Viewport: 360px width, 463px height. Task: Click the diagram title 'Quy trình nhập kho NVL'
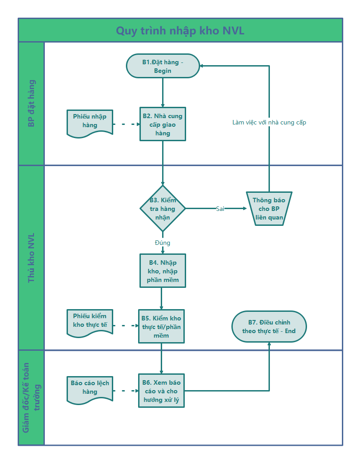coord(180,31)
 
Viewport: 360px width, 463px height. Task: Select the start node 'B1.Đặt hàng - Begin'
coord(163,66)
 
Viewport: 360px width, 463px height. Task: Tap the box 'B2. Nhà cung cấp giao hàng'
coord(163,124)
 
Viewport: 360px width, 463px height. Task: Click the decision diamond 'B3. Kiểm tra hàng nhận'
coord(163,209)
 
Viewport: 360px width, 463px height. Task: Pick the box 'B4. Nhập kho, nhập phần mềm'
coord(163,271)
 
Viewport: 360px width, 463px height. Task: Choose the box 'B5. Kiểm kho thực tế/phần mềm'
coord(161,326)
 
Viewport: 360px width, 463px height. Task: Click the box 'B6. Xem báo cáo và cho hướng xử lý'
coord(161,391)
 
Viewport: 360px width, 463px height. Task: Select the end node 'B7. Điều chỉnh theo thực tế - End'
coord(269,327)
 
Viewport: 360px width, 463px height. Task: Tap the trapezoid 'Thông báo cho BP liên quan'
coord(269,209)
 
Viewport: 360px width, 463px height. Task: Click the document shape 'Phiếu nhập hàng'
coord(90,123)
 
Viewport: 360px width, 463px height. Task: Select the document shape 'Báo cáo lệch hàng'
coord(90,390)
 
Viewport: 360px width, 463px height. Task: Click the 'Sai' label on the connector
coord(220,209)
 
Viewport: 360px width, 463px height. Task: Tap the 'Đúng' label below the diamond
coord(163,243)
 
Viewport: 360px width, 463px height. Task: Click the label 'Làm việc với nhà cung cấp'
coord(269,122)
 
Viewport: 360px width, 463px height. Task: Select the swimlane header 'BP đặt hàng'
coord(31,103)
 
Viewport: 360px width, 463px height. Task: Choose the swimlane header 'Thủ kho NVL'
coord(31,258)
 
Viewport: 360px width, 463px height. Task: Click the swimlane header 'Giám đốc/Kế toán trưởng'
coord(31,397)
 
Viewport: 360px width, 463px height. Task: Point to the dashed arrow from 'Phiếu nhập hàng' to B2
coord(126,124)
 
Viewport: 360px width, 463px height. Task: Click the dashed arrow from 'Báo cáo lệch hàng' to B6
coord(126,391)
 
